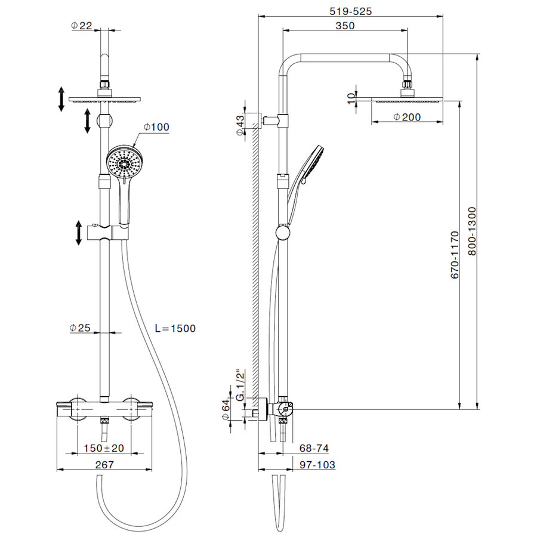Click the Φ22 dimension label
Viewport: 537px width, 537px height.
[82, 25]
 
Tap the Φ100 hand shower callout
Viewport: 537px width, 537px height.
[156, 127]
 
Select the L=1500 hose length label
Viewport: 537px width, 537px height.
[175, 328]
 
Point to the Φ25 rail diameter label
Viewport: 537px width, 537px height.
[80, 328]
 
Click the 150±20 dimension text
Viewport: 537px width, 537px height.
[104, 447]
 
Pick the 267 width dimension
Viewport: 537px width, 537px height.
[104, 464]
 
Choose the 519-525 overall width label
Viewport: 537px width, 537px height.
[350, 11]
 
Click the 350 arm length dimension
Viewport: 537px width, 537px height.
[345, 26]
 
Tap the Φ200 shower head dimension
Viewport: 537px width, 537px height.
[407, 117]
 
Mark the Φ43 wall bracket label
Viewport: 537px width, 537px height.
[241, 125]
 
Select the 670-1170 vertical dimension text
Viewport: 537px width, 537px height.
[455, 255]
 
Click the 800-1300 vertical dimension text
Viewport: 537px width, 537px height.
[472, 231]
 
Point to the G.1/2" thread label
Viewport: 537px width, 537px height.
[241, 385]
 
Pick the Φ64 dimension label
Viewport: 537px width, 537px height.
[225, 410]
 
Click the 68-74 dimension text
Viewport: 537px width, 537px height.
[314, 447]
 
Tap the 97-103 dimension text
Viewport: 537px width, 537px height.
[317, 464]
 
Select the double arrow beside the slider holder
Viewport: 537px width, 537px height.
[78, 233]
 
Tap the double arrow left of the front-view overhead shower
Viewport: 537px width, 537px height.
[61, 99]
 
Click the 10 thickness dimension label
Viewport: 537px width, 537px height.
[351, 98]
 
